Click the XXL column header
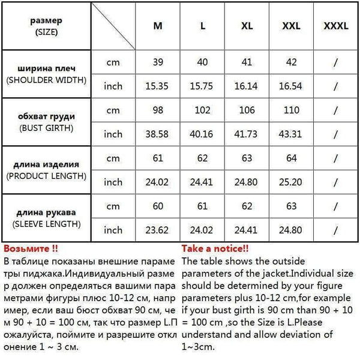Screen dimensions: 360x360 pos(290,27)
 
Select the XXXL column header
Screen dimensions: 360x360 pos(335,27)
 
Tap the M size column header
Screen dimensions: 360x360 pos(158,27)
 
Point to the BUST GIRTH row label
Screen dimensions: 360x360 pos(46,122)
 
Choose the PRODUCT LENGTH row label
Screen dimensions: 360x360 pos(46,170)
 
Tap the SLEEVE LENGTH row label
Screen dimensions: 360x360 pos(46,217)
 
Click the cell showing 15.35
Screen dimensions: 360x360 pos(158,86)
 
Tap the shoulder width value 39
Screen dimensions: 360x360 pos(158,62)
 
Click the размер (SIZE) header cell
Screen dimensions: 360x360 pos(46,27)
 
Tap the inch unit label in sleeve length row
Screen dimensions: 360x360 pos(113,230)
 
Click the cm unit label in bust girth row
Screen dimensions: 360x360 pos(113,110)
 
